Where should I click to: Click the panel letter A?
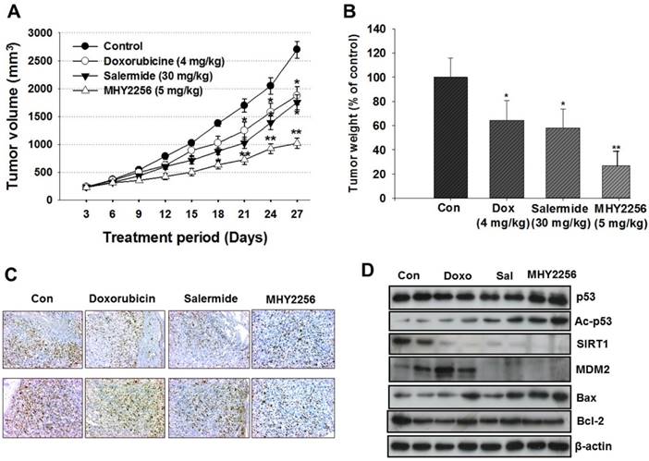(13, 12)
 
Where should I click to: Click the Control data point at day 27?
(296, 49)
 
